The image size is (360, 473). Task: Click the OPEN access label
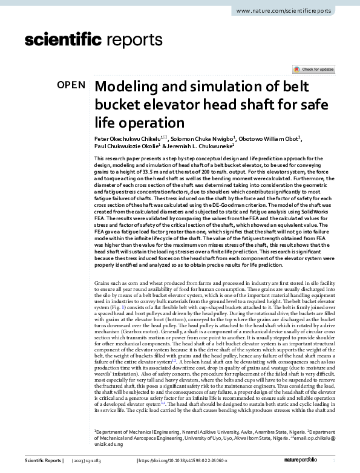click(x=71, y=85)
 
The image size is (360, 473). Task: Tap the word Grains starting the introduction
click(x=103, y=282)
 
